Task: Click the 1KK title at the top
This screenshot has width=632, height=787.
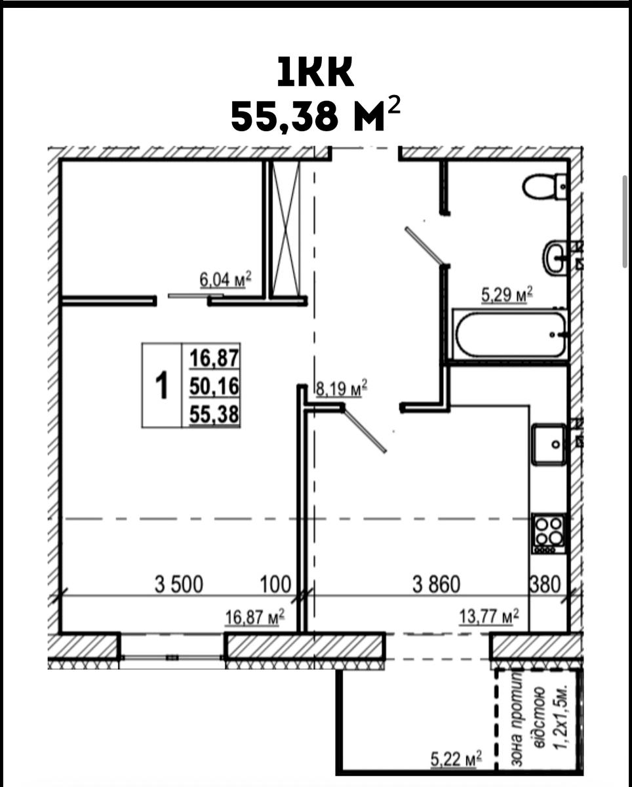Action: click(315, 73)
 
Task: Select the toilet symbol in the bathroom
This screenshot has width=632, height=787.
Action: click(545, 186)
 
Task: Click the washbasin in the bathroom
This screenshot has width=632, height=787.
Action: click(555, 256)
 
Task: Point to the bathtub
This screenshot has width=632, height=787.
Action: click(510, 334)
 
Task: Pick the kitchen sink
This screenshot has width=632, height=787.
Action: click(549, 444)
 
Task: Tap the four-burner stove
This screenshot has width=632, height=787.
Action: click(549, 534)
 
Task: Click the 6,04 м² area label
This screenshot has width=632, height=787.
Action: click(226, 280)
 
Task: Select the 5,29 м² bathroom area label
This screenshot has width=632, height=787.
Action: click(507, 294)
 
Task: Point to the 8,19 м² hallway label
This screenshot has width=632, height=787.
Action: click(342, 388)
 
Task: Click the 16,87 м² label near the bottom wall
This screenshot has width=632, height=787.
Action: click(255, 618)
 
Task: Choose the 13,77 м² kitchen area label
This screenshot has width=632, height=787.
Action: click(488, 616)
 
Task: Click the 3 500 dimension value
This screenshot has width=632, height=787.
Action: click(178, 584)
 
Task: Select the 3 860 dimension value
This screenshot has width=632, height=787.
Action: click(436, 584)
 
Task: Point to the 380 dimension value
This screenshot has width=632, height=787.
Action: click(545, 584)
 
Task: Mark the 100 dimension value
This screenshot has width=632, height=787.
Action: click(275, 584)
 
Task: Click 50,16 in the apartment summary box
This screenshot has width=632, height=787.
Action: click(214, 386)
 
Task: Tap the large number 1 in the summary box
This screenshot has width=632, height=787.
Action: click(161, 385)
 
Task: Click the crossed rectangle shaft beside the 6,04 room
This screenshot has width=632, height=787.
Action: click(286, 229)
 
